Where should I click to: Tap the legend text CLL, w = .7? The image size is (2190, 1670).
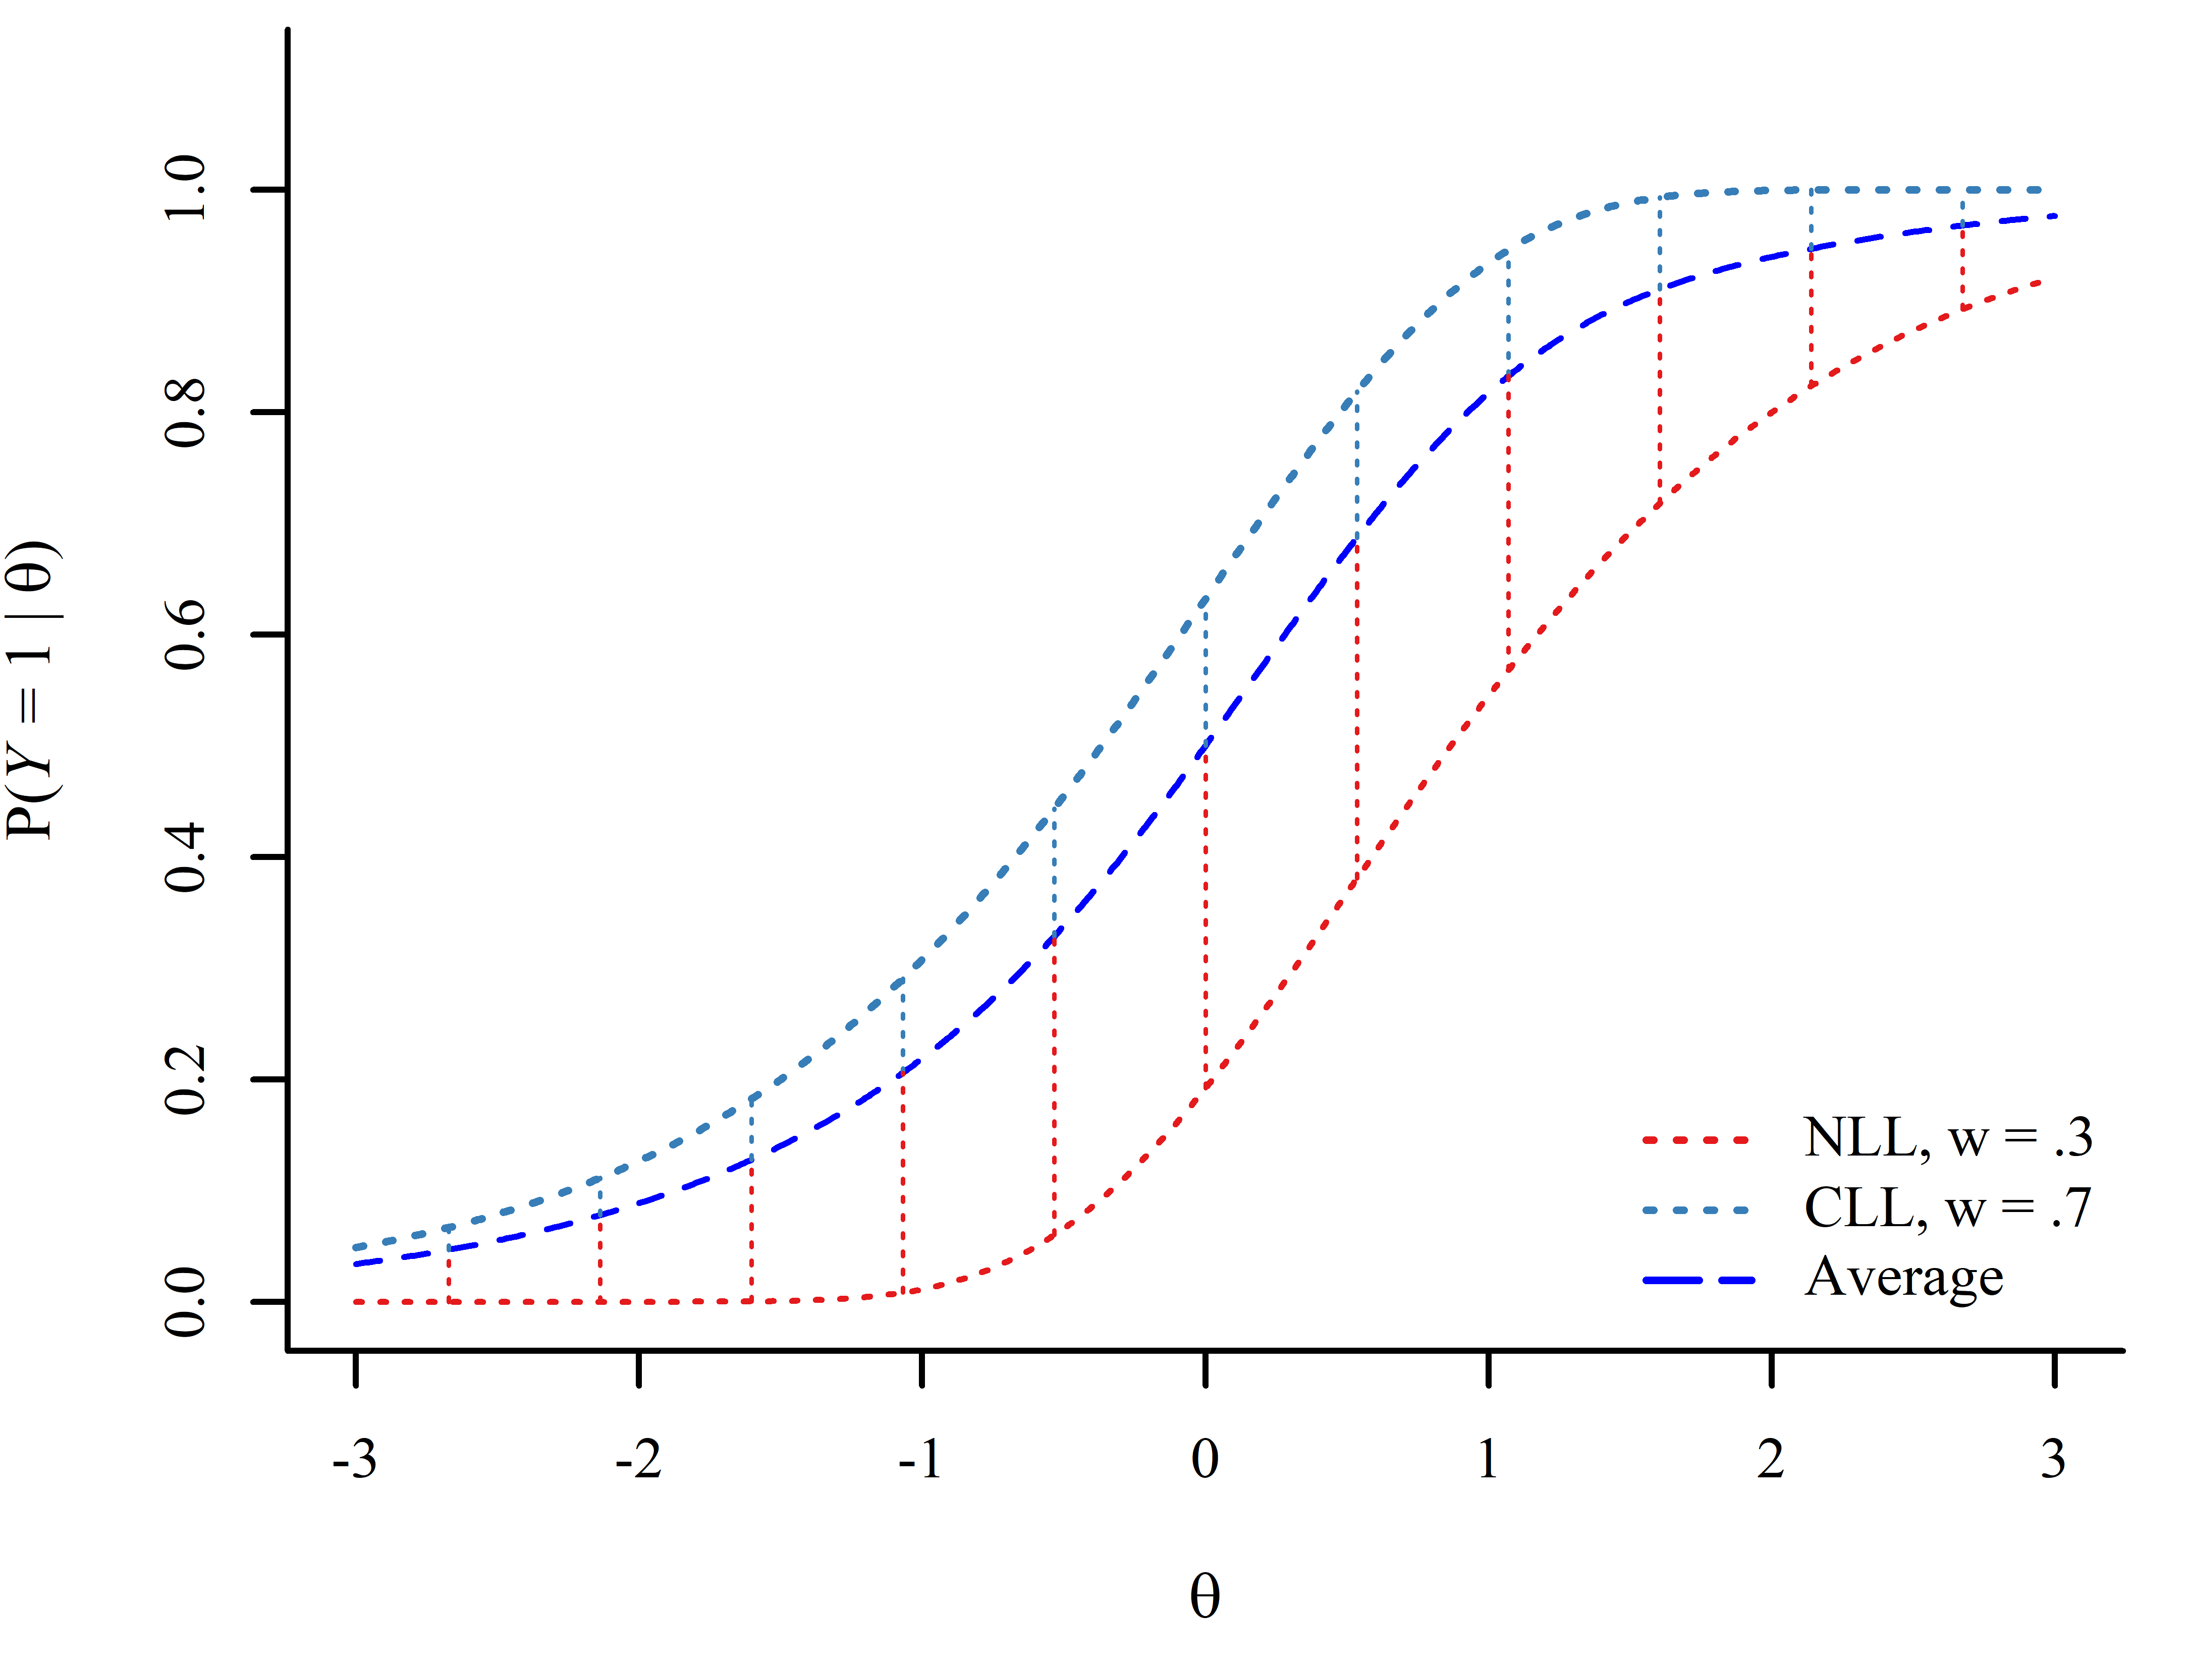(1947, 1209)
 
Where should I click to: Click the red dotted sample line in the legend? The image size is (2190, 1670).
(1696, 1140)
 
